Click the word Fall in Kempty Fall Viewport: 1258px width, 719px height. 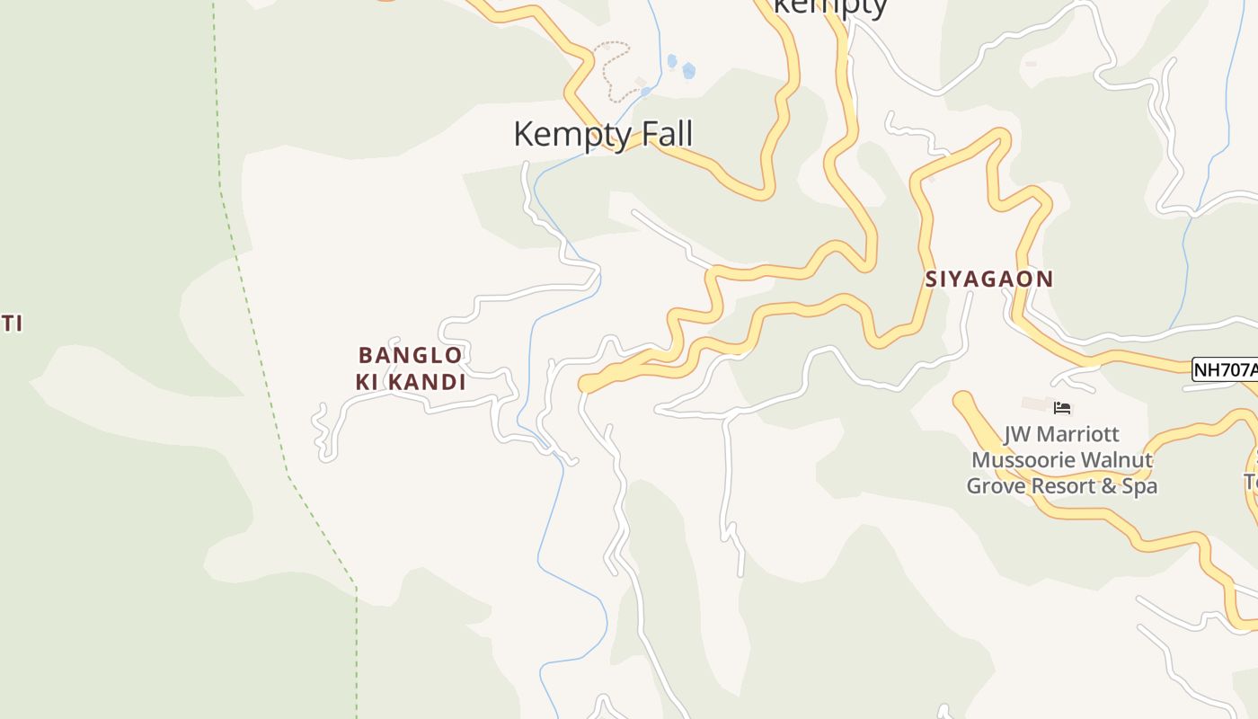tap(663, 134)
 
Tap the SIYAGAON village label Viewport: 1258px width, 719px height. tap(988, 279)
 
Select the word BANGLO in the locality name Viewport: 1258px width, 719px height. tap(411, 355)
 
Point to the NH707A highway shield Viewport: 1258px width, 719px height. tap(1223, 369)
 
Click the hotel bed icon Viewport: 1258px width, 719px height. tap(1062, 408)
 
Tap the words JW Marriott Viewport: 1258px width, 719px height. tap(1061, 435)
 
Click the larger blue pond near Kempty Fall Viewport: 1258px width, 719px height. tap(688, 70)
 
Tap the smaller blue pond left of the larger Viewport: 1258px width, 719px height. tap(671, 61)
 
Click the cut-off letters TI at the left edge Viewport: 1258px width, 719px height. tap(11, 324)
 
